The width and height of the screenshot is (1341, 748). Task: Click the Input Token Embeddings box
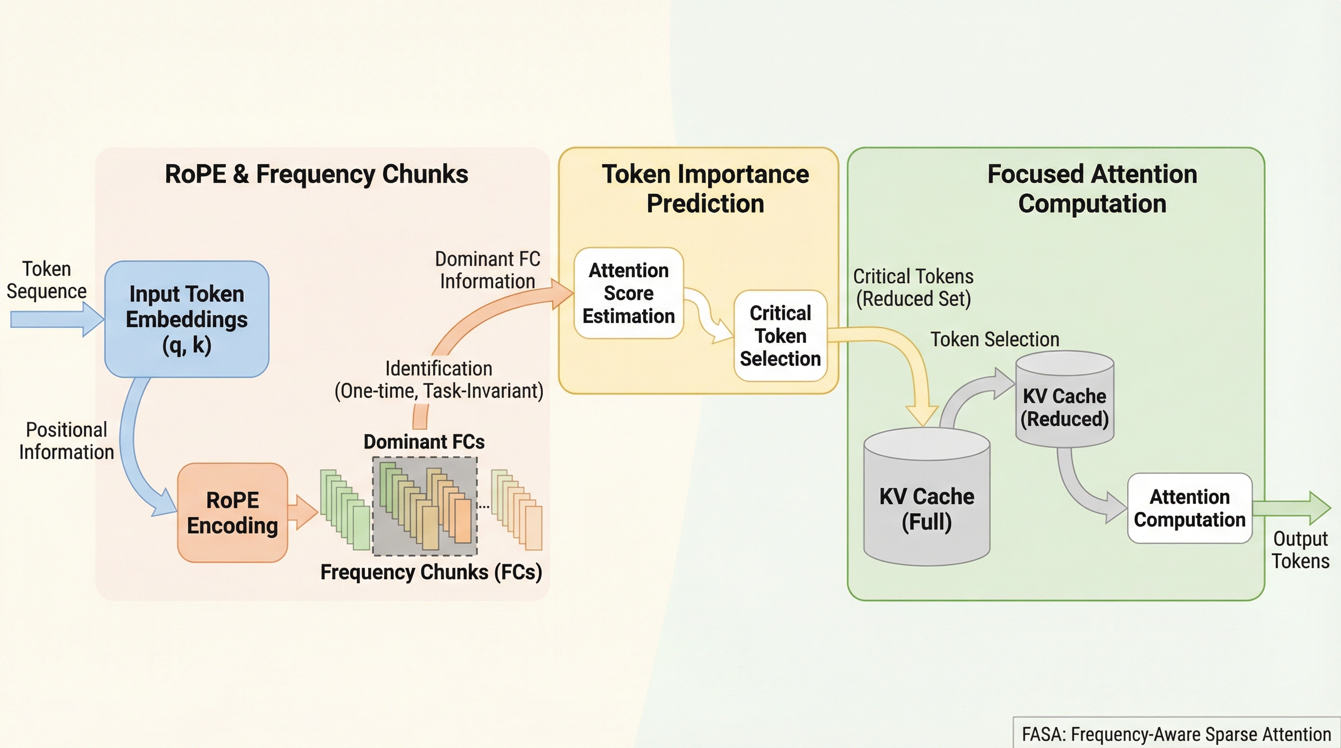(186, 319)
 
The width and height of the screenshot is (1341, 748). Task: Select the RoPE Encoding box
(232, 512)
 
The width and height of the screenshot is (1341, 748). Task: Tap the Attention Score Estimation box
(628, 293)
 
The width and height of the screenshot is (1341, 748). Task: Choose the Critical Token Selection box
(780, 336)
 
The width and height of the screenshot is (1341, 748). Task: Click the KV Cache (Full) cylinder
(927, 507)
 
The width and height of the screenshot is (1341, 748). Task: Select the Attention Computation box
(1189, 508)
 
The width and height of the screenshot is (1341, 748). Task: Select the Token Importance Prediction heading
(706, 188)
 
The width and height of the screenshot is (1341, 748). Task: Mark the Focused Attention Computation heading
(1092, 188)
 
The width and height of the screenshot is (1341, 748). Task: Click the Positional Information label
(67, 441)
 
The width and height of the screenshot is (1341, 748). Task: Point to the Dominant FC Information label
(487, 269)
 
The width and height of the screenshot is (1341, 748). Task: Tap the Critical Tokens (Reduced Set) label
(913, 287)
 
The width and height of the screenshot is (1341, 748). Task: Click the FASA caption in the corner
(1176, 734)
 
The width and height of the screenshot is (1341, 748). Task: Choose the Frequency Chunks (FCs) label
(431, 572)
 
